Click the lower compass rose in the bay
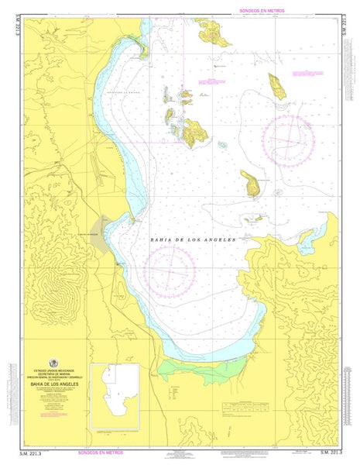pyautogui.click(x=170, y=272)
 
